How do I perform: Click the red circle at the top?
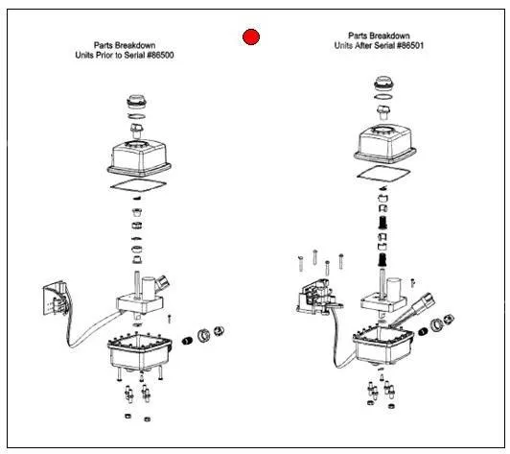pyautogui.click(x=251, y=36)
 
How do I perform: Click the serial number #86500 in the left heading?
pyautogui.click(x=160, y=55)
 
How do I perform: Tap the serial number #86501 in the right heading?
pyautogui.click(x=410, y=45)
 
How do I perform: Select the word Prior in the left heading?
pyautogui.click(x=104, y=55)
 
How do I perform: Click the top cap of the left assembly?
pyautogui.click(x=136, y=102)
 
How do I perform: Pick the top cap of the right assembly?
pyautogui.click(x=384, y=84)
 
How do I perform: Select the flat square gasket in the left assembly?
pyautogui.click(x=139, y=185)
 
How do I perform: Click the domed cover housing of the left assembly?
pyautogui.click(x=140, y=158)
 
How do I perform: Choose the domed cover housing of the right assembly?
pyautogui.click(x=384, y=144)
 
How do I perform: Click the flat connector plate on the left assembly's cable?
pyautogui.click(x=56, y=298)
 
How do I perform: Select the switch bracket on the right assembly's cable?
pyautogui.click(x=318, y=297)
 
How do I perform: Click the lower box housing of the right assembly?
pyautogui.click(x=383, y=346)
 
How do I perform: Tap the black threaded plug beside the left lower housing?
pyautogui.click(x=187, y=341)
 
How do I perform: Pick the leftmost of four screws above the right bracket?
pyautogui.click(x=301, y=264)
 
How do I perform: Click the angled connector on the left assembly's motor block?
pyautogui.click(x=163, y=282)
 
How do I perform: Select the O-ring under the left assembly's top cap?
pyautogui.click(x=136, y=116)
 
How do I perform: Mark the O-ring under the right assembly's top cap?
pyautogui.click(x=383, y=97)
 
